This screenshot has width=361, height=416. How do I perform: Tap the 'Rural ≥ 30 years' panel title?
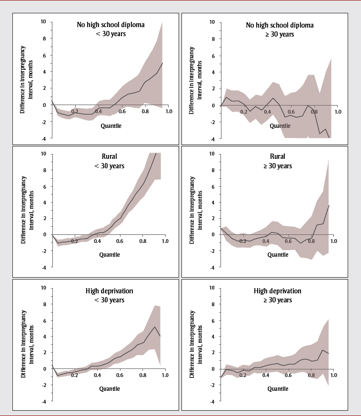pos(278,161)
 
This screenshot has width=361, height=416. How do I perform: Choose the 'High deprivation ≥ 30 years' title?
pos(278,296)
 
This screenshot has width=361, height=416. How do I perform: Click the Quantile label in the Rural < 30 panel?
pos(110,254)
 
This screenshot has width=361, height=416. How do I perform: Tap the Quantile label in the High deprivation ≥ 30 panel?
pos(278,388)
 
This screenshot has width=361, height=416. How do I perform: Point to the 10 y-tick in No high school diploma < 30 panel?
pos(43,21)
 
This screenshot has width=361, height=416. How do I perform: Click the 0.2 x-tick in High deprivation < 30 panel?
pos(74,375)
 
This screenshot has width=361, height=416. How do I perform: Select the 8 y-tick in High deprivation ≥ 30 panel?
pos(212,304)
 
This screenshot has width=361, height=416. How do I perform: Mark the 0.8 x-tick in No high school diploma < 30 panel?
pos(142,112)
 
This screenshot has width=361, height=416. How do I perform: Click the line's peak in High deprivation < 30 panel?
pos(154,327)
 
